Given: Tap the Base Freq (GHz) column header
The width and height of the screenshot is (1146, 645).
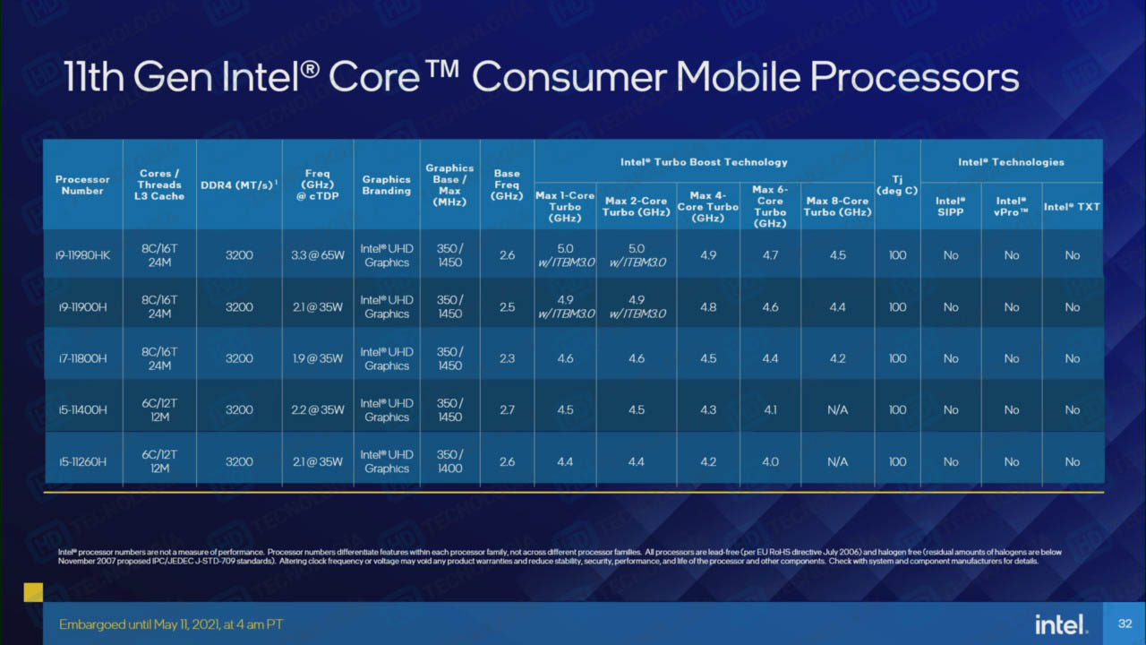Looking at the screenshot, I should (x=507, y=185).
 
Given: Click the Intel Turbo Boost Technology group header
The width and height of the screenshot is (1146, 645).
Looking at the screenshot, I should (x=704, y=162).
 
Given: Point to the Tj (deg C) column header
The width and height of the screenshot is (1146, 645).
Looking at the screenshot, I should (x=897, y=185).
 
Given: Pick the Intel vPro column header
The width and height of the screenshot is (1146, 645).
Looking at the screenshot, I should (x=1012, y=207).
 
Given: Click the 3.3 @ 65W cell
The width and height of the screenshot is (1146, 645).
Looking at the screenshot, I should (x=317, y=255).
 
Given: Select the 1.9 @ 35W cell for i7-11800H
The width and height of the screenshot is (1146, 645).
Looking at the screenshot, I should (x=317, y=358).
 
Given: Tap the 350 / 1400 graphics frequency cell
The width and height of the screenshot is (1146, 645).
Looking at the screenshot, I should (x=449, y=461).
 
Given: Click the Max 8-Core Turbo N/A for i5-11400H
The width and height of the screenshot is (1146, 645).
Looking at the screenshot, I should (x=837, y=410).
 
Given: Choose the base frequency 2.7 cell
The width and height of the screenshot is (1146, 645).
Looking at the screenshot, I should (x=507, y=410).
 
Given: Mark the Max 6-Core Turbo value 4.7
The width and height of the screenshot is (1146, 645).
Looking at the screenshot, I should (x=770, y=255).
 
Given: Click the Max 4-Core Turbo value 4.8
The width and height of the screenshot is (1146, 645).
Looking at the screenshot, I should (x=707, y=307).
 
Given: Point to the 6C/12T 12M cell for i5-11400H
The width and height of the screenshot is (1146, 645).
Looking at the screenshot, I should (x=160, y=410).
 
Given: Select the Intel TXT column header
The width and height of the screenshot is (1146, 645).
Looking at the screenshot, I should (x=1072, y=207).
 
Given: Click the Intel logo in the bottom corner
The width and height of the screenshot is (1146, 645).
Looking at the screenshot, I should (x=1061, y=624).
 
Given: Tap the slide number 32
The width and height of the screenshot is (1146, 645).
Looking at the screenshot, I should (x=1125, y=623).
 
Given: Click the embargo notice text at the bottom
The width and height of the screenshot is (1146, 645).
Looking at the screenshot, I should (x=171, y=624).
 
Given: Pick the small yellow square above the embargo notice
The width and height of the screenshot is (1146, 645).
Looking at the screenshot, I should (x=33, y=592).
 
